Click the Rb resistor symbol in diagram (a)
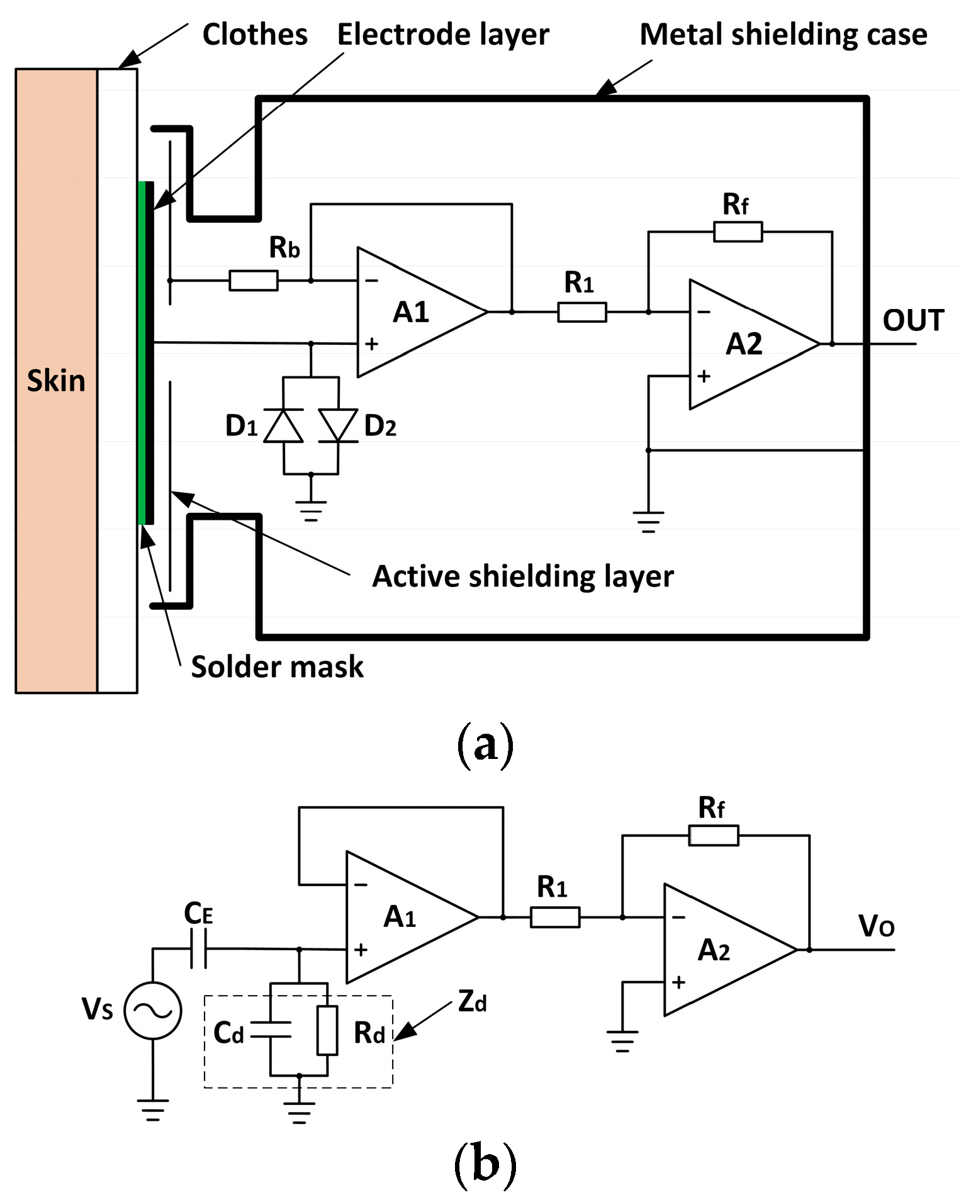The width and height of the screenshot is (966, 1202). coord(253,280)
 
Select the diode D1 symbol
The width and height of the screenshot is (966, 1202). coord(283,426)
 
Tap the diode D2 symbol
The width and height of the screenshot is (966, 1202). coord(338,426)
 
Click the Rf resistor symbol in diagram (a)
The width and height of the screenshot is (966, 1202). coord(738,232)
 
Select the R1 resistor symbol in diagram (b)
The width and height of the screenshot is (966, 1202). coord(554,917)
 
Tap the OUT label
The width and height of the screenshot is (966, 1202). coord(913,320)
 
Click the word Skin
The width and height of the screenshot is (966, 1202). coord(56,381)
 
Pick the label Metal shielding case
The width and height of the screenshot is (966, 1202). coord(783,35)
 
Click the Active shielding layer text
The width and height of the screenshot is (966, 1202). coord(522,576)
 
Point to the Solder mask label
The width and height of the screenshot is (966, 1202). coord(277,666)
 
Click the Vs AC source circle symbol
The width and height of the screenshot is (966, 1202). coord(153,1011)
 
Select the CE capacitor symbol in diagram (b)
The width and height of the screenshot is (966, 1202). coord(199,948)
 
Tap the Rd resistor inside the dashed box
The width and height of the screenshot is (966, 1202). coord(327,1030)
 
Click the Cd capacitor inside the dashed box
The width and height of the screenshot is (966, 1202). coord(271,1030)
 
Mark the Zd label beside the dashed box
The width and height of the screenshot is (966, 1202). coord(472,1001)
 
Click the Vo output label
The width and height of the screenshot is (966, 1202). coord(876,926)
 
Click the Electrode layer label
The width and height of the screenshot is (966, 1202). coord(443,35)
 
